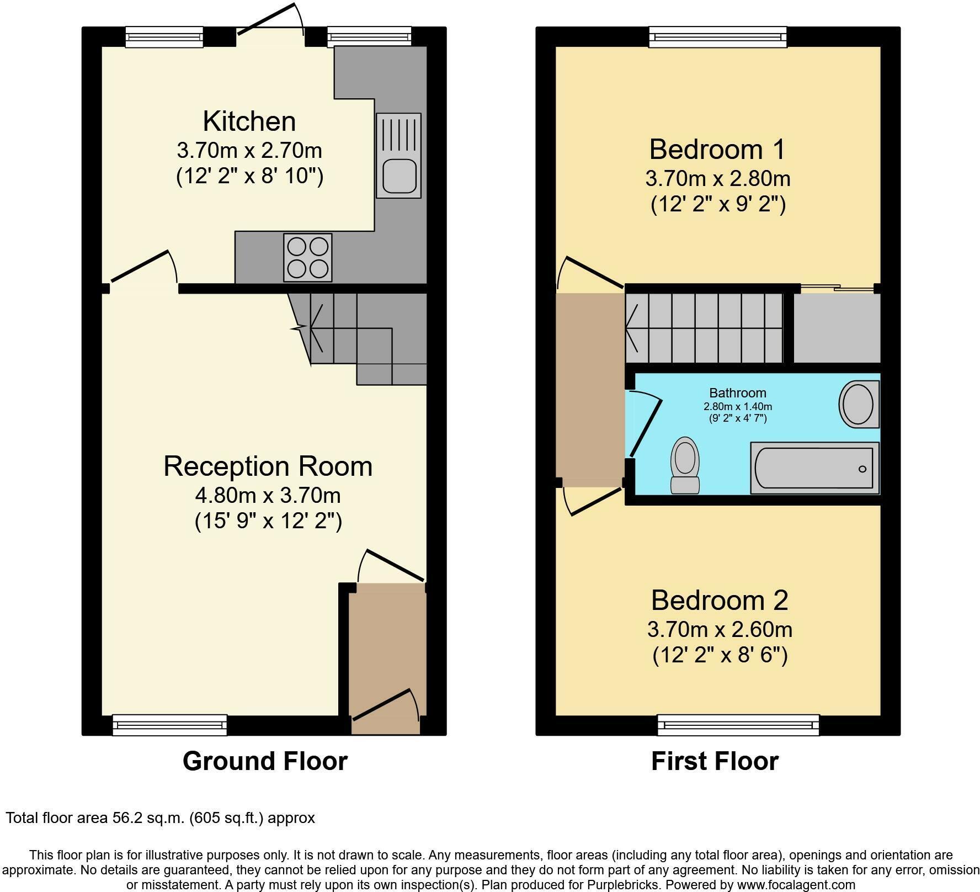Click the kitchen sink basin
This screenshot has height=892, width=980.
coord(398,175)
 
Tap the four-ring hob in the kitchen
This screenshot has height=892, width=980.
coord(308,257)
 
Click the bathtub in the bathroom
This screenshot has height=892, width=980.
coord(814,468)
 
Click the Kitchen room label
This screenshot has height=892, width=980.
coord(249,121)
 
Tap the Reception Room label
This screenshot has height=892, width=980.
coord(268,466)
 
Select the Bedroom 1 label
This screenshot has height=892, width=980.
coord(717,150)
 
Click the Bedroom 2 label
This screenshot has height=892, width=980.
coord(720,600)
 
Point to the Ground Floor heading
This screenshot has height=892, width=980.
coord(265,761)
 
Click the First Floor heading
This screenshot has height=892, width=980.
coord(715,761)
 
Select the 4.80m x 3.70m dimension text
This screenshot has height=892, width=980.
coord(268,495)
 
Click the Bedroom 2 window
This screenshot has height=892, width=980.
coord(738,724)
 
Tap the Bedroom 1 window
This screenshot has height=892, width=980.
coord(717,36)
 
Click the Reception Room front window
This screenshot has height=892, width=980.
coord(170,724)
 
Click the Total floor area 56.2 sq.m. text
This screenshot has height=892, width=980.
coord(160,817)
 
